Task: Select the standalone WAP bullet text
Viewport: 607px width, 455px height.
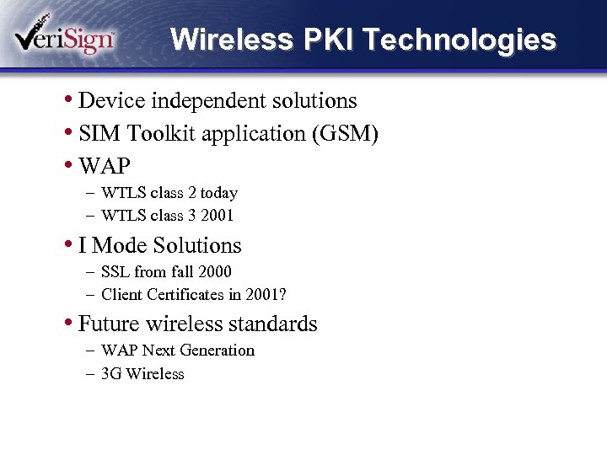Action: point(105,166)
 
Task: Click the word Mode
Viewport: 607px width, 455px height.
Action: point(119,245)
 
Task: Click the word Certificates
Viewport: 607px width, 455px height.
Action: point(192,295)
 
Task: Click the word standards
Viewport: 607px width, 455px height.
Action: point(277,324)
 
